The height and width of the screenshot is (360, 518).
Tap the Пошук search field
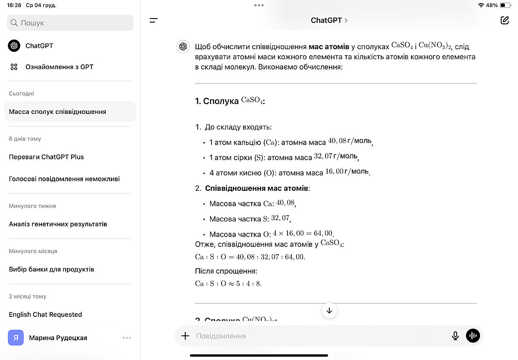tap(70, 23)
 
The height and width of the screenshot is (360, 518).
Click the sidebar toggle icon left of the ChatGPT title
tap(154, 20)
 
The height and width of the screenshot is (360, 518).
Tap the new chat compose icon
tap(505, 20)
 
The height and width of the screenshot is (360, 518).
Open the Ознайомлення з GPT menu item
tap(59, 67)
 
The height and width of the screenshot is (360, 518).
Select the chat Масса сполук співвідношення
tap(57, 112)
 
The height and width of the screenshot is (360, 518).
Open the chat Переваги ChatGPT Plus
tap(46, 157)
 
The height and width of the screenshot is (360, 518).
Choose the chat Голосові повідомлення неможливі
tap(64, 179)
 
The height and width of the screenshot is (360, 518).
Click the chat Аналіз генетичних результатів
tap(58, 224)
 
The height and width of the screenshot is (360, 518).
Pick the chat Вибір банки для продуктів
tap(51, 269)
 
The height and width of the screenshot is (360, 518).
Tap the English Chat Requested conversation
tap(45, 315)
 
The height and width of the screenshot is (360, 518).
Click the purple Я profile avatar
tap(16, 338)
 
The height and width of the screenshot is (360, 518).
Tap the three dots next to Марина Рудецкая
tap(126, 338)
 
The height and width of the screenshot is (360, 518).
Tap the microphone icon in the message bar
tap(455, 336)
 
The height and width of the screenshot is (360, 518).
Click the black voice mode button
tap(473, 336)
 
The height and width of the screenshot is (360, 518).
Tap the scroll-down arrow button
tap(329, 310)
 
